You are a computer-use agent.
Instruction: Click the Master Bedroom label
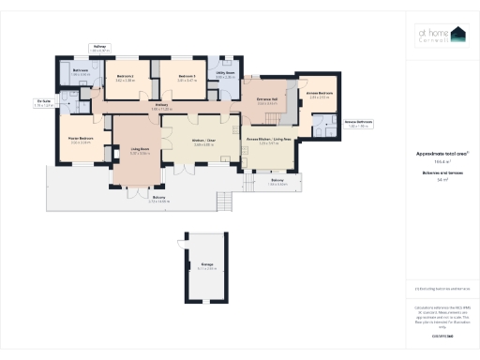[80, 138]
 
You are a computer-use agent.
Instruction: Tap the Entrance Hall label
[267, 102]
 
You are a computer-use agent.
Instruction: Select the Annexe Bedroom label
[320, 94]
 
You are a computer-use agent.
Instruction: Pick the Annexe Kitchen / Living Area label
[268, 139]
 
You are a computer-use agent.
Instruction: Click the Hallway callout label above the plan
[100, 47]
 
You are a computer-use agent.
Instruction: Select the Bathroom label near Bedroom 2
[80, 69]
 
